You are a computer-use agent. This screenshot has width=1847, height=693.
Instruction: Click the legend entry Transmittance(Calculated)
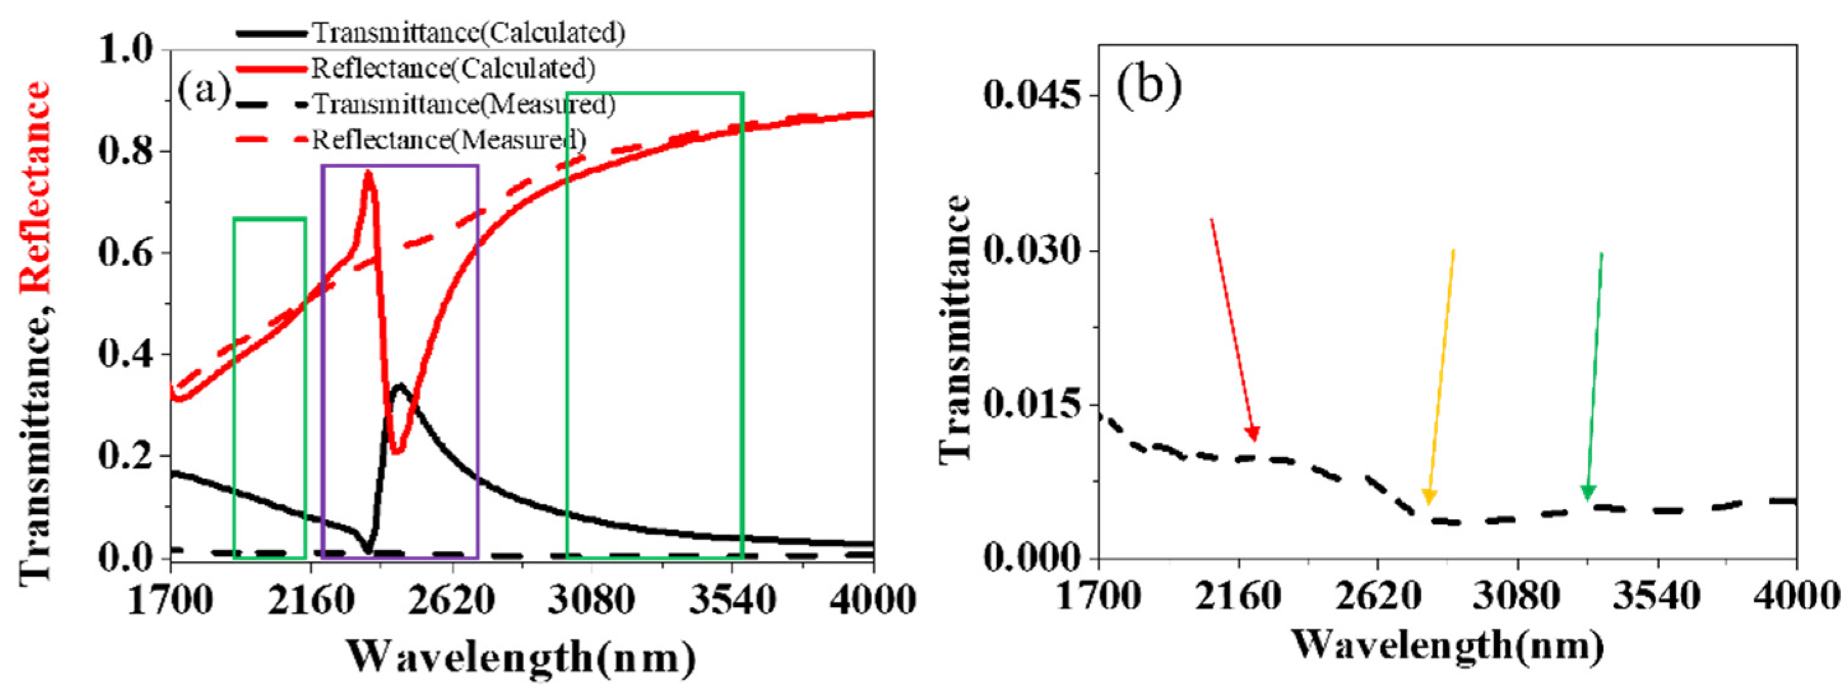click(x=468, y=33)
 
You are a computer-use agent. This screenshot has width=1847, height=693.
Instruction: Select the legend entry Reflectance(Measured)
click(x=448, y=139)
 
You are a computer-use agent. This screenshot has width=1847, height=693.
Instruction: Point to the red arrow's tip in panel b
click(x=1254, y=439)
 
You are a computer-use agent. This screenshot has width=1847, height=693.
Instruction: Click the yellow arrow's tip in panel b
click(x=1428, y=503)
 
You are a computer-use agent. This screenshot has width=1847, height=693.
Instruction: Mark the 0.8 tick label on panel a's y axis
click(x=127, y=151)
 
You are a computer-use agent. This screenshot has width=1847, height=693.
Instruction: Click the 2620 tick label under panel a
click(x=452, y=599)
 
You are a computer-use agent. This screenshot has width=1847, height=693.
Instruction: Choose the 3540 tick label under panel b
click(x=1656, y=597)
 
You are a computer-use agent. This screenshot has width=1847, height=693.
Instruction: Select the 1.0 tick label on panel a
click(x=127, y=50)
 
